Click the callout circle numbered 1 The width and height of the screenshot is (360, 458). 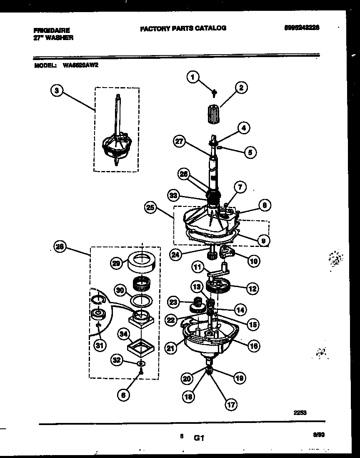192,76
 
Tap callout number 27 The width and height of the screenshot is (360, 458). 179,142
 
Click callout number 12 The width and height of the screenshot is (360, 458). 252,288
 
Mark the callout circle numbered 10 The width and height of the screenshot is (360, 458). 253,261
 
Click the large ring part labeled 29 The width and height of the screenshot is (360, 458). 142,262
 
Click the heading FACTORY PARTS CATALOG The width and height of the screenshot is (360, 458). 183,28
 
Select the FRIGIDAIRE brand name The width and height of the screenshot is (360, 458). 52,30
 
